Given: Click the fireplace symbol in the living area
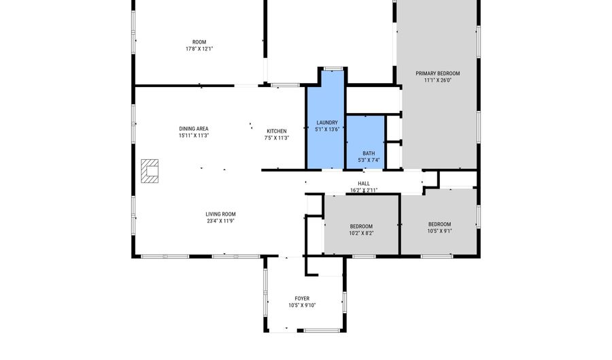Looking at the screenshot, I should tap(150, 171).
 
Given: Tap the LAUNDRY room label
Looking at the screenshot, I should tap(327, 122).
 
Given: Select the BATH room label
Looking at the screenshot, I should tap(369, 154).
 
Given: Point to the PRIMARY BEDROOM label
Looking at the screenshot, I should tap(438, 73).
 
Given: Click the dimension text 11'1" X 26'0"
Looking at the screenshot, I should tap(438, 80).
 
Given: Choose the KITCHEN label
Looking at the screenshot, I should tap(276, 131).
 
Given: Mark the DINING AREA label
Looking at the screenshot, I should tap(194, 129).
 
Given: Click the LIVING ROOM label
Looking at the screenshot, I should tap(221, 214).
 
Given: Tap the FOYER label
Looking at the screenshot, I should tap(302, 299).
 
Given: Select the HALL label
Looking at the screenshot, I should tap(364, 184).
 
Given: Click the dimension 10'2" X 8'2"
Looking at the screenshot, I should tap(361, 233).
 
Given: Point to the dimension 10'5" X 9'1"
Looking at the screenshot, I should tap(439, 231).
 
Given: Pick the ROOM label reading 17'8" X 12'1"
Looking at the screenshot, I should tap(199, 42).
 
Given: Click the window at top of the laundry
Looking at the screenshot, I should tap(333, 68).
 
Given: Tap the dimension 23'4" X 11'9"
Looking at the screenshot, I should tap(221, 221).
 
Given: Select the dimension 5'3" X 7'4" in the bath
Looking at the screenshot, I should tap(369, 161).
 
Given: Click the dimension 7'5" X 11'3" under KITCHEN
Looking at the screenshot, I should tap(276, 138).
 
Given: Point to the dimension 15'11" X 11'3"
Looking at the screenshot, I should tap(194, 135).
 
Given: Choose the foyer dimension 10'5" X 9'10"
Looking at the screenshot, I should tap(302, 306).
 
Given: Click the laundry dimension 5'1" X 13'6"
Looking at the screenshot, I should tap(327, 129).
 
